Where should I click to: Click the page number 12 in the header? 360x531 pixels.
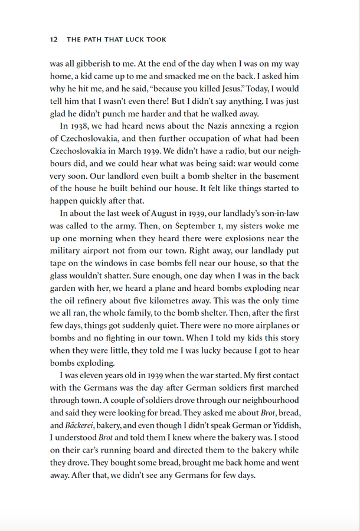coord(53,40)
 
